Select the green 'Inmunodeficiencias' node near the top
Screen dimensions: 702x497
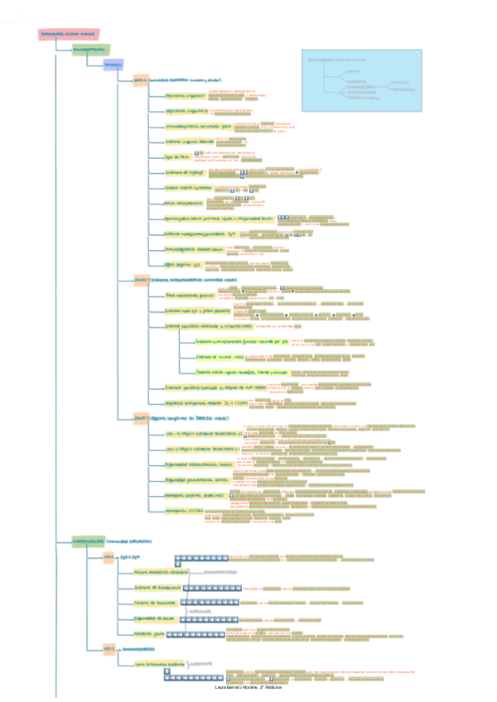(90, 50)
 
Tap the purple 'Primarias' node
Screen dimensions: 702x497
(113, 65)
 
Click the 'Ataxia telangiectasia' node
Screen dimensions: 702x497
(183, 202)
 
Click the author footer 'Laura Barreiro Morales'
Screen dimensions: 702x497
(248, 689)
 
